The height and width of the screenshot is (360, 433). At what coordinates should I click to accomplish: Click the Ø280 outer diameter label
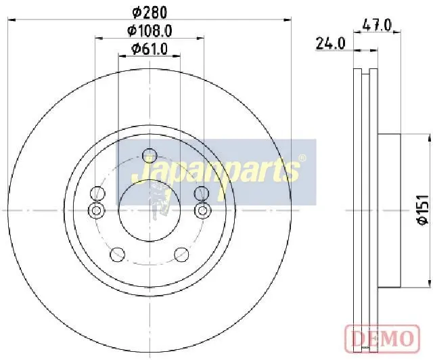(x=150, y=12)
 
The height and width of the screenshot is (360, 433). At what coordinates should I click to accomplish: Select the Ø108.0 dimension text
(x=150, y=30)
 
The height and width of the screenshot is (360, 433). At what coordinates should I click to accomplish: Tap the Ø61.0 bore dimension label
(x=150, y=49)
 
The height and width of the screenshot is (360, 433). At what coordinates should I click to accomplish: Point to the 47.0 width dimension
(x=377, y=26)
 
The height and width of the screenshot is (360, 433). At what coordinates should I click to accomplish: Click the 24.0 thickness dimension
(x=331, y=44)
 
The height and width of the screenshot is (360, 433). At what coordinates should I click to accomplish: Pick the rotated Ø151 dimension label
(x=422, y=210)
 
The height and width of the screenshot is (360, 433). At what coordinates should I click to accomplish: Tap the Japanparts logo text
(x=215, y=170)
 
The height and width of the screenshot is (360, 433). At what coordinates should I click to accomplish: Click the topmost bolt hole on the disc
(x=150, y=156)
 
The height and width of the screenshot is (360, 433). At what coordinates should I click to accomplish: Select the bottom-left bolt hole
(x=117, y=254)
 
